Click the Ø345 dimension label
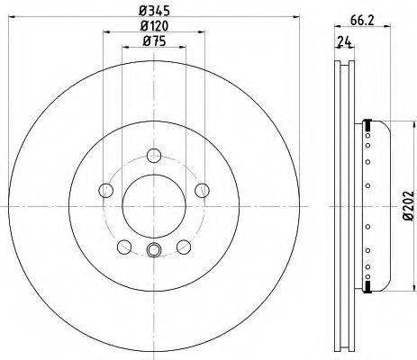click(x=154, y=11)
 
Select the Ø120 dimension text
click(x=154, y=26)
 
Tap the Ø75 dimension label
click(x=154, y=40)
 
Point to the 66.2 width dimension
click(x=362, y=21)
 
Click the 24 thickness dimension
click(x=344, y=41)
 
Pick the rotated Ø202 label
click(x=409, y=206)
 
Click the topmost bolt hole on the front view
click(x=154, y=156)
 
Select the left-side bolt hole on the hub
click(x=105, y=190)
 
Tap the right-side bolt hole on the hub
click(x=202, y=190)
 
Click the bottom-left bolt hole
click(x=124, y=247)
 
